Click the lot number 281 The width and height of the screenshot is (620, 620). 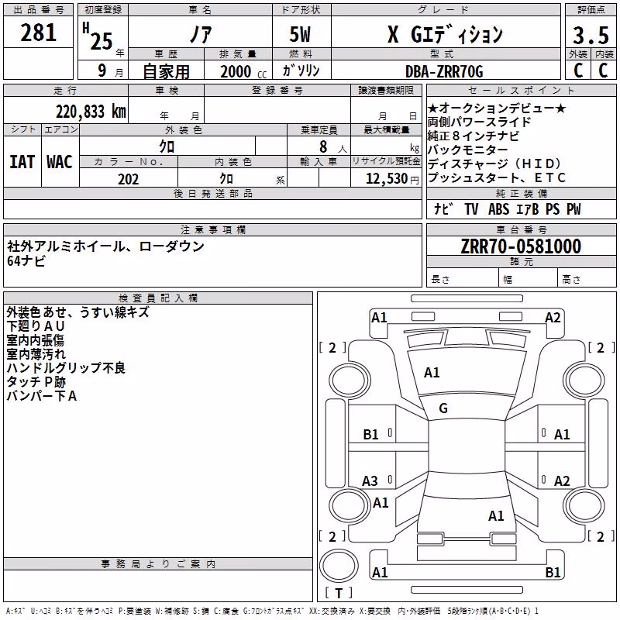point(38,33)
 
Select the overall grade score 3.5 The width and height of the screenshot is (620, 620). point(591,36)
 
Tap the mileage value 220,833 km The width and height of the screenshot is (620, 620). point(91,112)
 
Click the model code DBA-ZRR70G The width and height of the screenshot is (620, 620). point(444,71)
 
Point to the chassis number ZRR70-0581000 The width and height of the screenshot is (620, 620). point(521,246)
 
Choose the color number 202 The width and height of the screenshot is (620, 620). point(129,179)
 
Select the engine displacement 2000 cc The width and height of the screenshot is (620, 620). point(243,71)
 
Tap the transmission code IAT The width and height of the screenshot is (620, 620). point(22,162)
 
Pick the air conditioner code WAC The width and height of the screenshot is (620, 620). point(60,162)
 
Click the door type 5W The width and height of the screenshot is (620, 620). point(300,34)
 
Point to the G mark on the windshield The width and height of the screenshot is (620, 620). point(443,408)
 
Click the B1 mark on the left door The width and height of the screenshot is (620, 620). point(371,435)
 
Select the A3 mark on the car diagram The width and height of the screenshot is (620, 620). point(370,481)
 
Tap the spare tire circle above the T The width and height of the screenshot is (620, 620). point(339,566)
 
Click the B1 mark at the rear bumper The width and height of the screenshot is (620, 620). point(553,572)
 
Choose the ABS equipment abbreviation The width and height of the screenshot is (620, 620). point(498,209)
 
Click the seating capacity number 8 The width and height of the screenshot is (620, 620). point(323,146)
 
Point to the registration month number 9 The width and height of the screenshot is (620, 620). point(102,71)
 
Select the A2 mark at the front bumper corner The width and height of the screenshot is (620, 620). point(553,318)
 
